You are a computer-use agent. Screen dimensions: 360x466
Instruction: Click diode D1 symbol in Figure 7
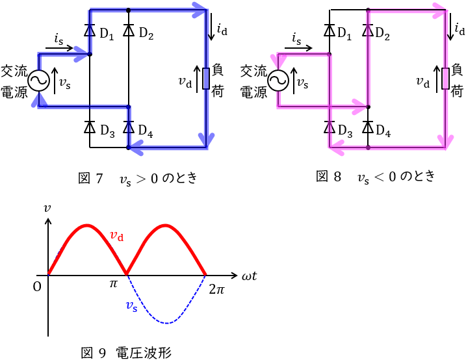tap(90, 31)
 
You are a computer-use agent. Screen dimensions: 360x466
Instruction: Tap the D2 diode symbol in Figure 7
tap(129, 31)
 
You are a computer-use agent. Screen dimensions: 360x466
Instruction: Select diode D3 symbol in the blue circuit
tap(90, 127)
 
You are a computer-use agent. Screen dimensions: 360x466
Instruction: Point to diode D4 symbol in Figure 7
tap(129, 127)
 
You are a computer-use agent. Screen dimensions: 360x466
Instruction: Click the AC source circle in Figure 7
tap(38, 81)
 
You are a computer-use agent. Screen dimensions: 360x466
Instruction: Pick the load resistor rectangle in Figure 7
tap(206, 78)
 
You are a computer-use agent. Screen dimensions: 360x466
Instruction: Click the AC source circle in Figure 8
tap(278, 81)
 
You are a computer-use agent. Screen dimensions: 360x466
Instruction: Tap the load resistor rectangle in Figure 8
tap(446, 78)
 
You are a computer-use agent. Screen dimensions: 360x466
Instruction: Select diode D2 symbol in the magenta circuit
tap(369, 31)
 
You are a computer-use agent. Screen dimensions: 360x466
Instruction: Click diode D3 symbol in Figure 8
tap(330, 127)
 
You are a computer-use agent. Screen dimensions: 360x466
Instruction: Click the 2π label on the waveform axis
tap(216, 289)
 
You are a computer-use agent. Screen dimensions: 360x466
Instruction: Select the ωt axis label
tap(249, 277)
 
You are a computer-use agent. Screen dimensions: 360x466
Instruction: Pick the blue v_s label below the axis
tap(131, 305)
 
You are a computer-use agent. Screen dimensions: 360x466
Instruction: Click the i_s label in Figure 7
tap(60, 38)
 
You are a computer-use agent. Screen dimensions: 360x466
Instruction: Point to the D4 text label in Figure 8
tap(383, 133)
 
